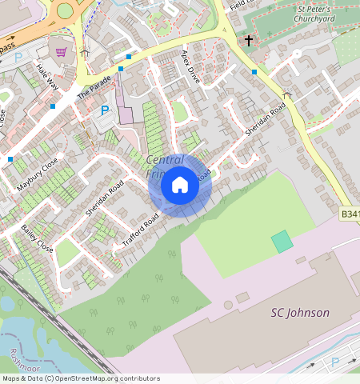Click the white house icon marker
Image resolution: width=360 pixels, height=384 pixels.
tap(180, 185)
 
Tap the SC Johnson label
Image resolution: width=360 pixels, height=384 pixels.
tap(299, 313)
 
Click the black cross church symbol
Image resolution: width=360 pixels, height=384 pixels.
tap(249, 40)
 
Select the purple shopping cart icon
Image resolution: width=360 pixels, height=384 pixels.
tap(62, 53)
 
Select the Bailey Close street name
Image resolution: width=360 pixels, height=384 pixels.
tap(37, 238)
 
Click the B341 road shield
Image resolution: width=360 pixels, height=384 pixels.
tap(350, 214)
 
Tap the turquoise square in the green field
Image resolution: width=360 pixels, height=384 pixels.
tap(282, 242)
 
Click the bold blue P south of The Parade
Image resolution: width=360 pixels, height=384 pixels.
tap(104, 110)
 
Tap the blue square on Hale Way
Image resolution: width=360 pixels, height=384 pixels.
tap(53, 106)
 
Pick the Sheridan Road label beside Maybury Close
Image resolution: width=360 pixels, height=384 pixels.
tap(104, 198)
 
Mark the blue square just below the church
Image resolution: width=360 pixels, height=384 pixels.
tap(254, 72)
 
